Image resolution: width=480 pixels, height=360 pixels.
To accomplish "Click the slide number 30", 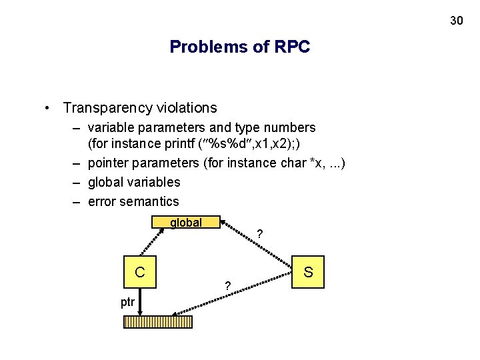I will click(x=456, y=21).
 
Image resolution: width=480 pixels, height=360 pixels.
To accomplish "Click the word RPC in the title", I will click(x=291, y=47).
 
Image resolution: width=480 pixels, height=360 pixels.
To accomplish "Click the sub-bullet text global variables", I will click(x=134, y=182).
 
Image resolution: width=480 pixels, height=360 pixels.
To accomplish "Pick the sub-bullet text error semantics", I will click(x=133, y=201).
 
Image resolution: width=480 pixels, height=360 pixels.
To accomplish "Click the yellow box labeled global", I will click(x=186, y=223).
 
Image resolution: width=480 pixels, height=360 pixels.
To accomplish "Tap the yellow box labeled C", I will click(x=139, y=272).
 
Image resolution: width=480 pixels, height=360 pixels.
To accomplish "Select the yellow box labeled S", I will click(x=308, y=272).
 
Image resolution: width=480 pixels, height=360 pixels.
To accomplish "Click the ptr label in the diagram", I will click(x=127, y=302).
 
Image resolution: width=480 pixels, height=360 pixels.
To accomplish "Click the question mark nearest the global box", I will click(x=260, y=234).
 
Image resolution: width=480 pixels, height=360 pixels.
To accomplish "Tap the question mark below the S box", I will click(x=228, y=286).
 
